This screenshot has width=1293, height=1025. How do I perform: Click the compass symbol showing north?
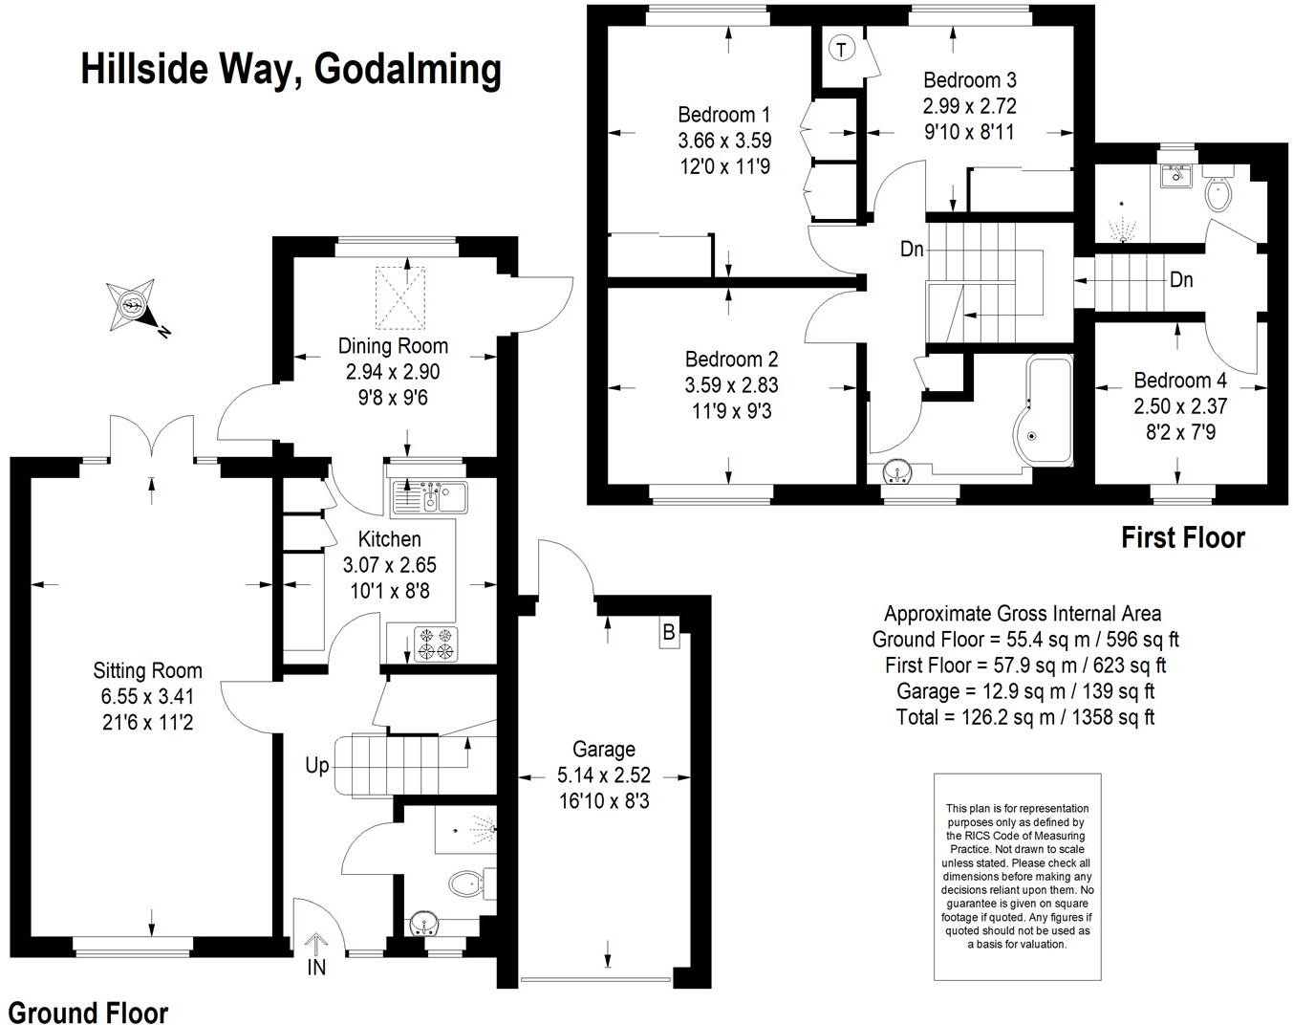[x=132, y=307]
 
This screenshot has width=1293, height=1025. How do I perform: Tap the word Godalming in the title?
[x=407, y=69]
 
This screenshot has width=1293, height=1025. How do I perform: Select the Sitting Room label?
[x=147, y=670]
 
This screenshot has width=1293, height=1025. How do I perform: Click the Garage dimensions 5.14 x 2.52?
[x=604, y=775]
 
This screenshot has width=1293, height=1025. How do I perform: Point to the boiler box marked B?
[x=669, y=632]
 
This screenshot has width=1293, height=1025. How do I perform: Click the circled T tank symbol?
[x=840, y=49]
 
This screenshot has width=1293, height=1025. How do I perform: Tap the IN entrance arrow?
[x=316, y=947]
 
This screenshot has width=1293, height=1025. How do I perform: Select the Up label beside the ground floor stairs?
[x=316, y=765]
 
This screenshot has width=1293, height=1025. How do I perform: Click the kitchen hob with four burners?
[x=435, y=643]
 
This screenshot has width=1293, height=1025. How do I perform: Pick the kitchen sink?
[x=429, y=496]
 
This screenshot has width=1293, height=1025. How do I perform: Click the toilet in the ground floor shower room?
[x=466, y=883]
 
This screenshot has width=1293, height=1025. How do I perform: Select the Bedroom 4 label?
[x=1180, y=381]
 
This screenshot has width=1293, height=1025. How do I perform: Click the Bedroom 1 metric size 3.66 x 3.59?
[x=724, y=141]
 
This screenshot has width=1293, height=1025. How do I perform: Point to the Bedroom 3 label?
[x=969, y=80]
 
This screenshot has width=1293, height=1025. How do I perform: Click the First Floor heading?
[x=1182, y=538]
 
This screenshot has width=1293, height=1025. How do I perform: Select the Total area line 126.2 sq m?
[x=1025, y=717]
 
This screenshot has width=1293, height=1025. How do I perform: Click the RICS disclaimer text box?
[x=1017, y=876]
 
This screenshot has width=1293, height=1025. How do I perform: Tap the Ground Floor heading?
[x=88, y=1013]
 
